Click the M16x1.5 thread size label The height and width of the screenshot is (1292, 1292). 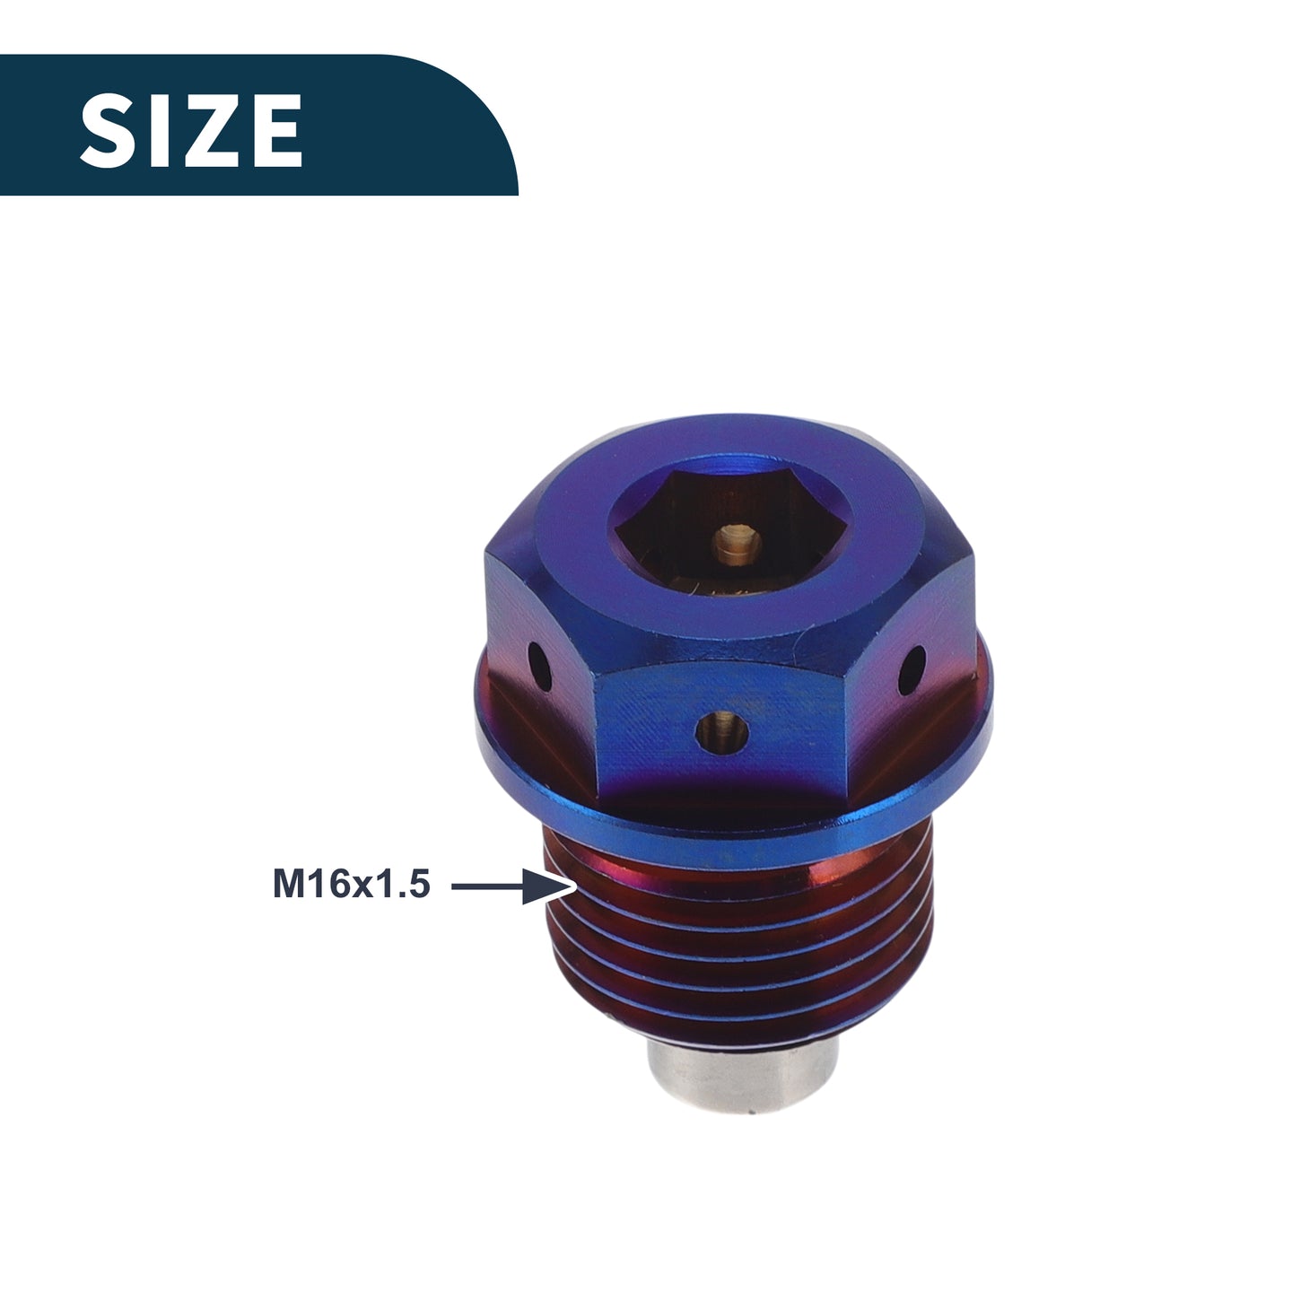point(352,885)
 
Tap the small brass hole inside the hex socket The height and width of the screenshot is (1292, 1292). point(737,543)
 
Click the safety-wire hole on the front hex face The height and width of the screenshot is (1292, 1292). point(721,730)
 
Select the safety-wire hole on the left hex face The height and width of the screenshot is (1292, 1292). point(539,667)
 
